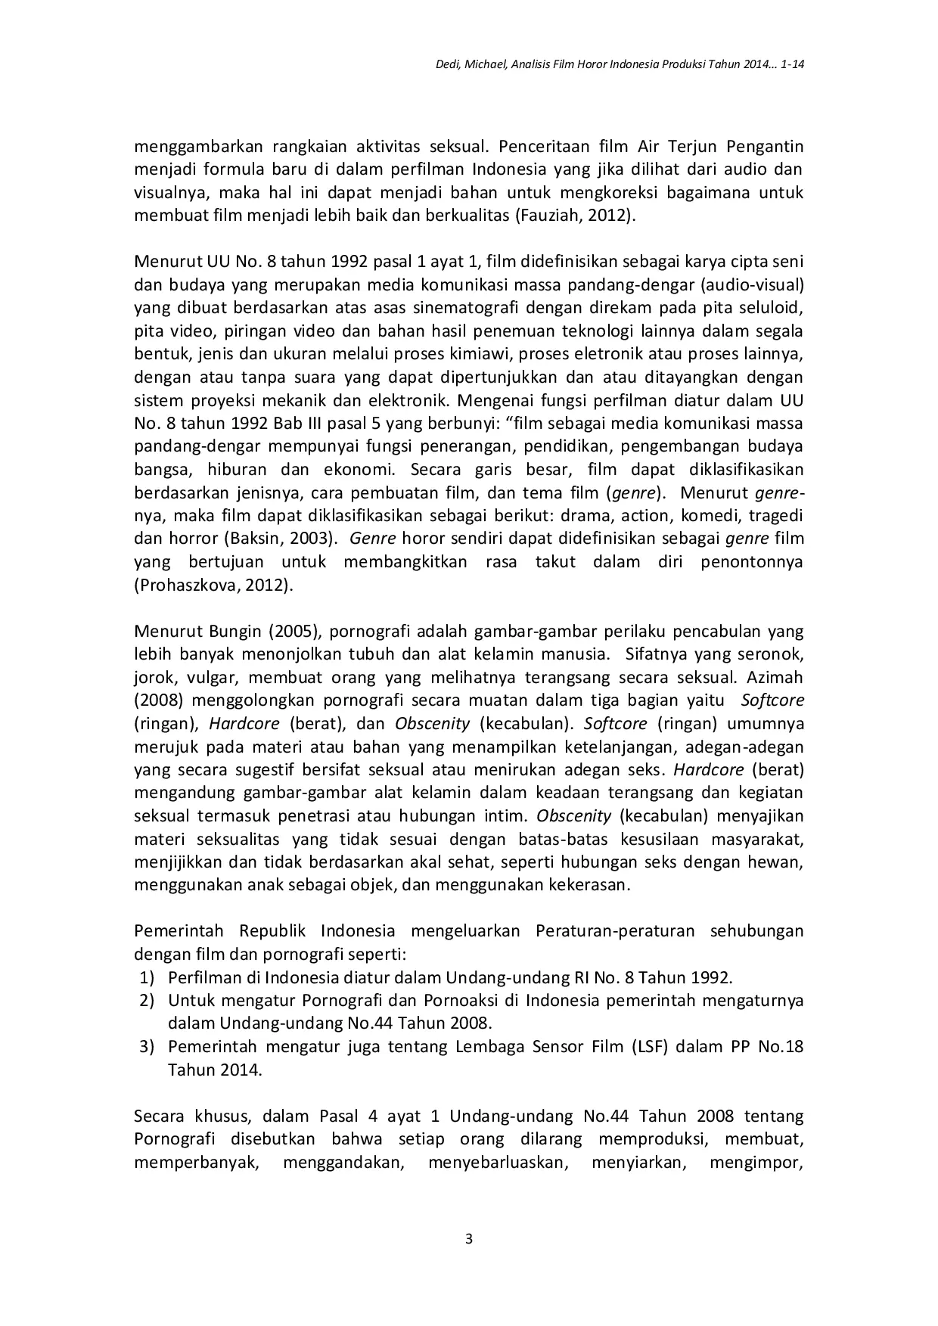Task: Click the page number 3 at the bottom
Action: click(468, 1239)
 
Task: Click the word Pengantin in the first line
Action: click(765, 146)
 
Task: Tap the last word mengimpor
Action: click(755, 1163)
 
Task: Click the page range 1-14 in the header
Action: click(791, 66)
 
